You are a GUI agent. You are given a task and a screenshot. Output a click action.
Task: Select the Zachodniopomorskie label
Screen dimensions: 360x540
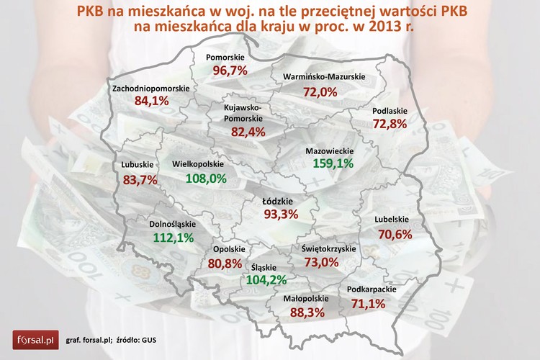click(x=151, y=88)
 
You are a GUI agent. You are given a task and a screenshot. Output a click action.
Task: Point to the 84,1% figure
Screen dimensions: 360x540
click(x=151, y=102)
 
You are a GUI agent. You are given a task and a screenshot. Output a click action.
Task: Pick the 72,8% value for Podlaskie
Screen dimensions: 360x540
click(x=390, y=124)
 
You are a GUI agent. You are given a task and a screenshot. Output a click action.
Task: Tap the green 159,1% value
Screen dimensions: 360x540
click(x=333, y=164)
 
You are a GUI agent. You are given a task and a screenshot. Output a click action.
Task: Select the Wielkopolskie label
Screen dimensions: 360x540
click(x=199, y=164)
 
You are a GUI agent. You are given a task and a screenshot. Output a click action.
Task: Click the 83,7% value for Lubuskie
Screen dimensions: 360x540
click(x=140, y=180)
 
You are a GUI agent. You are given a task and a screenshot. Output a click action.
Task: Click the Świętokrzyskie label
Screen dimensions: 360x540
click(x=328, y=248)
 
